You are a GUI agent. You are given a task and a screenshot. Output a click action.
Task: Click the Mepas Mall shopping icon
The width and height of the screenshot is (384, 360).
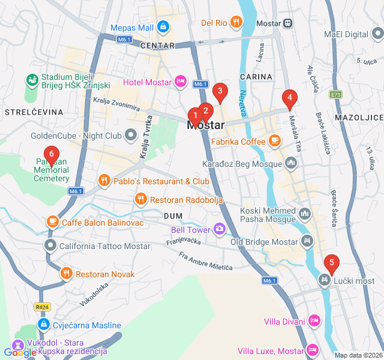[x=163, y=27]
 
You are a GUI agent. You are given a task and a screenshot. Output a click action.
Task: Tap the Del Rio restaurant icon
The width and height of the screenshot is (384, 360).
[x=237, y=23]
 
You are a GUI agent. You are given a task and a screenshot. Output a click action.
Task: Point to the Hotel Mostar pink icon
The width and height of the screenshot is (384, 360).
[x=180, y=82]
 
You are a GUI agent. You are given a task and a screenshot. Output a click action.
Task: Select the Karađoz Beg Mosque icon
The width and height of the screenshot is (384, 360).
[x=292, y=163]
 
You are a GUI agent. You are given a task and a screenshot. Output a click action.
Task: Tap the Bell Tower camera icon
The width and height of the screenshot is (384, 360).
[x=220, y=229]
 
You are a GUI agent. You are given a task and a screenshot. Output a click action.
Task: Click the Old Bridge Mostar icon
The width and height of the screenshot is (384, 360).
[x=307, y=242]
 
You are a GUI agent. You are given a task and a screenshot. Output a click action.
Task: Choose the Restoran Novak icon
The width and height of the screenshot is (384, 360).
[x=66, y=274]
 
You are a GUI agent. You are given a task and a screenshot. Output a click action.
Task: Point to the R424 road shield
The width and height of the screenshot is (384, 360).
[x=42, y=307]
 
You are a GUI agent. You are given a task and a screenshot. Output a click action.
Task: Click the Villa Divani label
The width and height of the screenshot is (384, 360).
[x=284, y=322]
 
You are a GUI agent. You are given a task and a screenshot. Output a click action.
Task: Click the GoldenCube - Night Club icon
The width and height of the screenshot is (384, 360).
[x=131, y=136]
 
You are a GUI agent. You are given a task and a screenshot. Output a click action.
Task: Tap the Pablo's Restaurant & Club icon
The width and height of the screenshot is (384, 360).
[x=104, y=181]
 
